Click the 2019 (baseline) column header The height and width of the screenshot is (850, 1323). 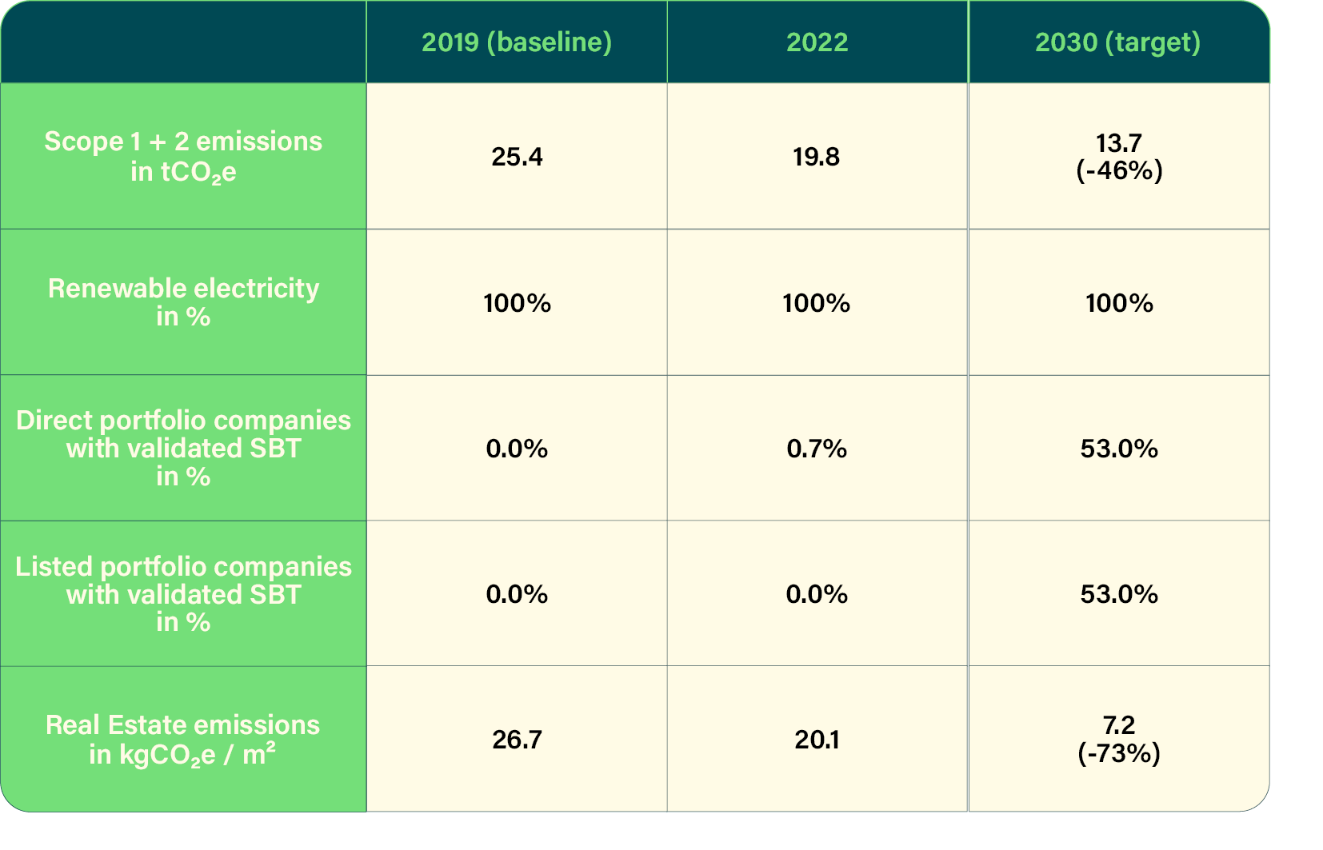pos(517,42)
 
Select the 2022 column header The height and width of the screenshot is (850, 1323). pos(817,42)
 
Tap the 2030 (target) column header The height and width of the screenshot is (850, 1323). pos(1117,42)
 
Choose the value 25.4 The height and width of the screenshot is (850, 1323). pos(517,157)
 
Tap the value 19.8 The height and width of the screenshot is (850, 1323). pos(816,157)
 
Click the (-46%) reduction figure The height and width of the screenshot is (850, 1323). pos(1119,171)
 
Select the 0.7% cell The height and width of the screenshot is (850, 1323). pos(816,449)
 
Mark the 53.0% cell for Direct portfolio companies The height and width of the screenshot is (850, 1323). pos(1119,449)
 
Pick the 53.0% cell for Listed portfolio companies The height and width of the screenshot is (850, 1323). pos(1119,594)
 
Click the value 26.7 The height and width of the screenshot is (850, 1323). pos(517,740)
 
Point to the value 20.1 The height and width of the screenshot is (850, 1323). pos(817,740)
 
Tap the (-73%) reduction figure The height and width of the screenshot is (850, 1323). pos(1119,754)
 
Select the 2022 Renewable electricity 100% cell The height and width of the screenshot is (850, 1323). pos(816,303)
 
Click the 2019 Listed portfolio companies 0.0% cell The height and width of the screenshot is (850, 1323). pos(517,594)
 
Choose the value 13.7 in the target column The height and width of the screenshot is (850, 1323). pos(1119,143)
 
